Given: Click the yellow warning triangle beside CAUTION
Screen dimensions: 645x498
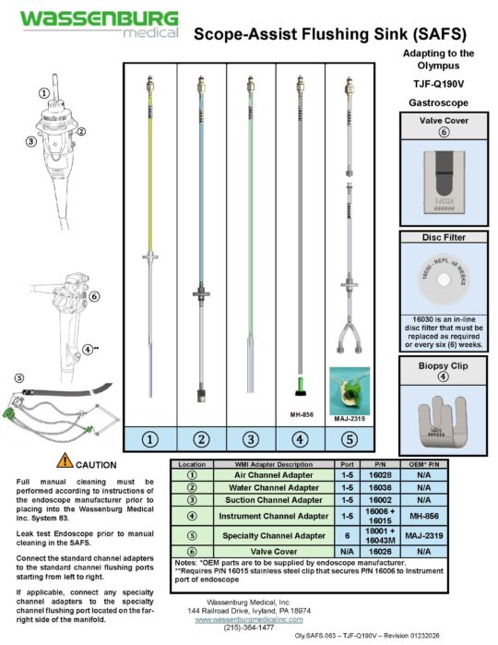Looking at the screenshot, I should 65,460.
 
